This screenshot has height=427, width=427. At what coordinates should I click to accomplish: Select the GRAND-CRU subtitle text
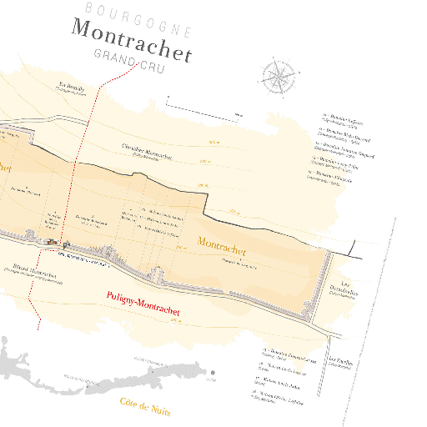(130, 64)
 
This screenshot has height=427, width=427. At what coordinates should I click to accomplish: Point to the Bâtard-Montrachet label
(35, 271)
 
